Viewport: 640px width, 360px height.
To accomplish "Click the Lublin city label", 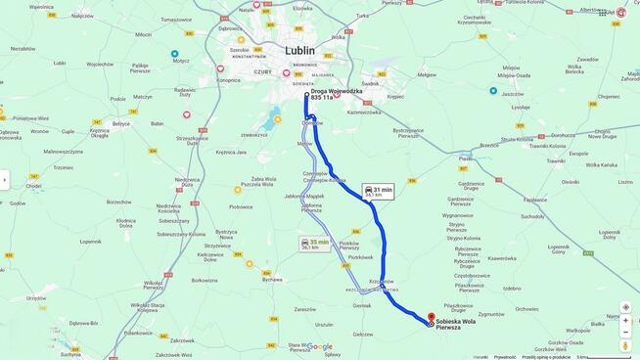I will point(300,50).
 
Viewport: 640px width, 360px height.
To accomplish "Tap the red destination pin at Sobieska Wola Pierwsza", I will point(431,318).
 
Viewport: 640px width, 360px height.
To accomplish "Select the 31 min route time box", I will point(378,192).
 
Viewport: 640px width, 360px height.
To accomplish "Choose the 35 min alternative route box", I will point(315,244).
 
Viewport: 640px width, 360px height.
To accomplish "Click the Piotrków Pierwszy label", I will point(348,246).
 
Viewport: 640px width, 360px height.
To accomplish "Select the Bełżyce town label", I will point(121,124).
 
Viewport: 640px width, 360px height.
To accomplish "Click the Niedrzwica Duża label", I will point(187,181).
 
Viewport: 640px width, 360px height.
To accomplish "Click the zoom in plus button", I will point(625,320).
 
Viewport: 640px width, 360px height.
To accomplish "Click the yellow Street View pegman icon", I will point(625,344).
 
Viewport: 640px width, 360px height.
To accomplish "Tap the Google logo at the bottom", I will point(320,346).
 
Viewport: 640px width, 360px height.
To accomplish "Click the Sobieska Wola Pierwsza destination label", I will point(455,324).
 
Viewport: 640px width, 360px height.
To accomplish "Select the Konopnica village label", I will point(229,80).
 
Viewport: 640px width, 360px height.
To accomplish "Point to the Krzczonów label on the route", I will point(382,281).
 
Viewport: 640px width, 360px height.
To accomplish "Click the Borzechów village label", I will point(119,202).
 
